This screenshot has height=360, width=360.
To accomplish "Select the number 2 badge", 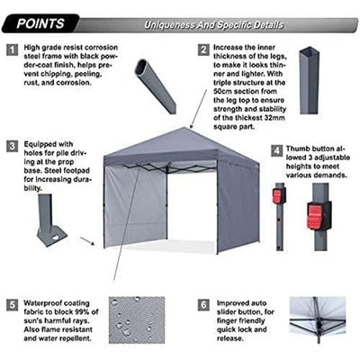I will click(203, 50).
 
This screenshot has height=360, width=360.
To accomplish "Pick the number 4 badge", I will click(276, 149).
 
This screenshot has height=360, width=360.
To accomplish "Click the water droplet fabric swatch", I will click(137, 319).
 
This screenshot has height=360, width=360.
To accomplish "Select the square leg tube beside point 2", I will click(309, 79).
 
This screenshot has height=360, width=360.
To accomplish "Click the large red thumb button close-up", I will click(317, 215).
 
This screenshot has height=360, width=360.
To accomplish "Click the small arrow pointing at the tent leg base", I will click(87, 241).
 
